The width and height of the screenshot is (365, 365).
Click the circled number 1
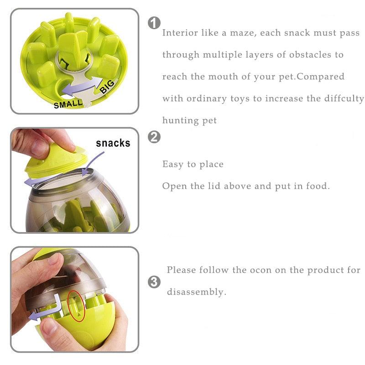tap(154, 23)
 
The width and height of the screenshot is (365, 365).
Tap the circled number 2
tap(154, 137)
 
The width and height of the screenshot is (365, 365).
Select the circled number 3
tap(154, 282)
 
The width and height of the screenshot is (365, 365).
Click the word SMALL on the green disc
tap(68, 104)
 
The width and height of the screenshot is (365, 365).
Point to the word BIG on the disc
tap(107, 86)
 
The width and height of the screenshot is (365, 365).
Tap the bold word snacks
tap(113, 143)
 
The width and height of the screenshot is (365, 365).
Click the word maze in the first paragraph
tap(243, 33)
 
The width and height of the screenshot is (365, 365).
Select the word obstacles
tap(310, 54)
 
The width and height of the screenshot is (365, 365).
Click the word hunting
tap(180, 120)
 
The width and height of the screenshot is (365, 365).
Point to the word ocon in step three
tap(261, 270)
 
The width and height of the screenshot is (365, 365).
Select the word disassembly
tap(197, 292)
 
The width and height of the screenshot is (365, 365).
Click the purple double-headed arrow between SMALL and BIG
tap(83, 87)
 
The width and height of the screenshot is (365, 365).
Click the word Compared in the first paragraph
tap(320, 77)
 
